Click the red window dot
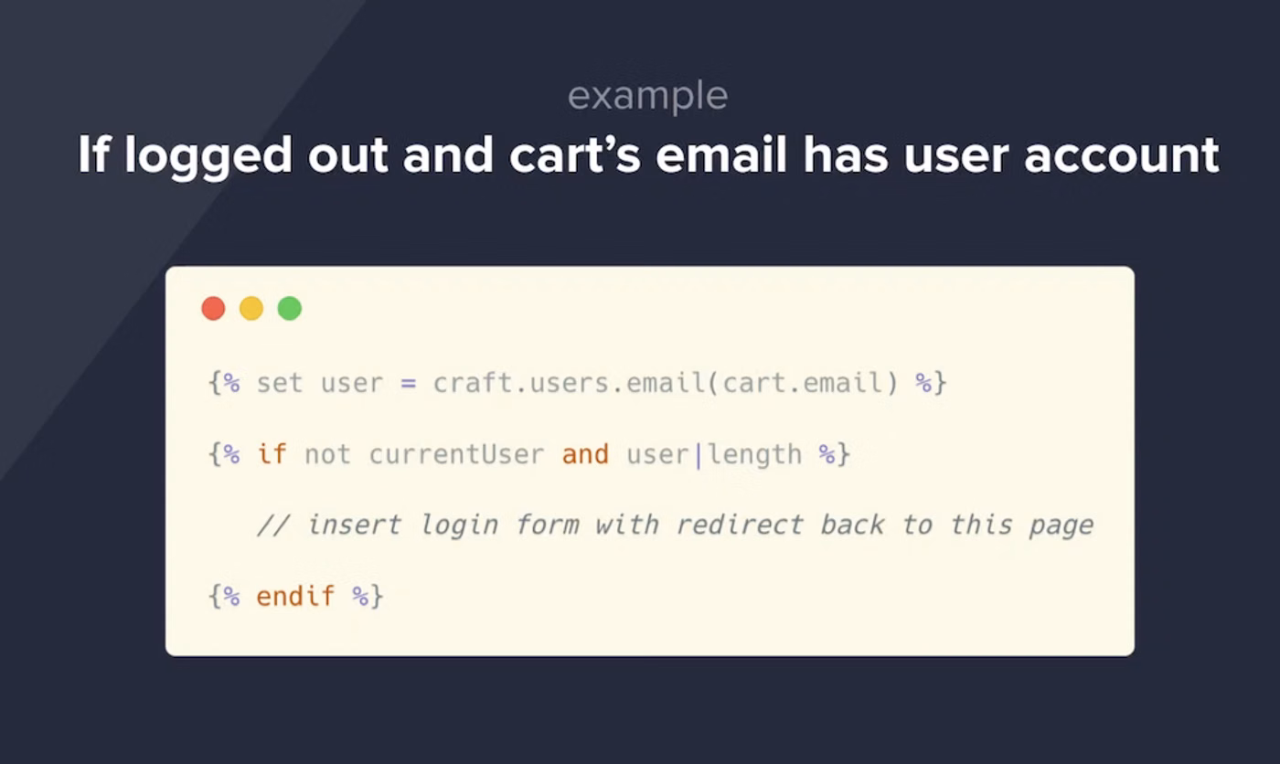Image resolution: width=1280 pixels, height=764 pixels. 213,308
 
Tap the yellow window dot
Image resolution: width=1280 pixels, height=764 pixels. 251,308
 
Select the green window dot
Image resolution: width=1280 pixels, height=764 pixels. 290,308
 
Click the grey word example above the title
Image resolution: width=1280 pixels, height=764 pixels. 648,97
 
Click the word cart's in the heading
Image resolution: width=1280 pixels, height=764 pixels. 575,154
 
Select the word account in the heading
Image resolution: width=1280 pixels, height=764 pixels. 1122,156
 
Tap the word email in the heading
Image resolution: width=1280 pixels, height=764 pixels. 721,154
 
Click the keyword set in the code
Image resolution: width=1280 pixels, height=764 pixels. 280,383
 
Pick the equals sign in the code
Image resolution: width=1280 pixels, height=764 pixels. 408,383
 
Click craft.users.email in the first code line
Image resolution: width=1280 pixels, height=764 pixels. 569,383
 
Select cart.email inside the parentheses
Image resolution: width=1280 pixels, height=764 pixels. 803,383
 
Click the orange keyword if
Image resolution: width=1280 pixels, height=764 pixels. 272,454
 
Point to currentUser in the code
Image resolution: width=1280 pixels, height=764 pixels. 456,454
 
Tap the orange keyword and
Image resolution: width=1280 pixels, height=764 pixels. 585,454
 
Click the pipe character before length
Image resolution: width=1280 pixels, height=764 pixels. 699,456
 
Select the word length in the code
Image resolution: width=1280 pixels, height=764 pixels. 755,456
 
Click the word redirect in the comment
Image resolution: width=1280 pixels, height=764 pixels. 740,525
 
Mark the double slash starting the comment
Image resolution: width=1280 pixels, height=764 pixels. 273,525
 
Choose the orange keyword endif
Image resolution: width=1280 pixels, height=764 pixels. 294,596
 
